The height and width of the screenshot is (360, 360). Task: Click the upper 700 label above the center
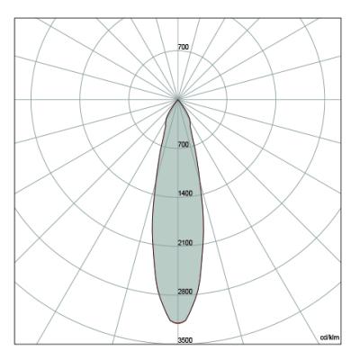(184, 47)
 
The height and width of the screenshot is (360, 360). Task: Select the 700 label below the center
(184, 145)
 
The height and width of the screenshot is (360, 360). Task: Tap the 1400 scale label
(185, 193)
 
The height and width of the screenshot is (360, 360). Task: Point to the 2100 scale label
(185, 243)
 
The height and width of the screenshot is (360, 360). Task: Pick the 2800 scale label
(185, 292)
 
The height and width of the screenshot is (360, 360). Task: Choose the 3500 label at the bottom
(185, 340)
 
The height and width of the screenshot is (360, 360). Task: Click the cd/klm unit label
(330, 337)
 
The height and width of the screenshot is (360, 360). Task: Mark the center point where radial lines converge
(178, 99)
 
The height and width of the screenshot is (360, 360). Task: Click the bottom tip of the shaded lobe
(178, 323)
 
